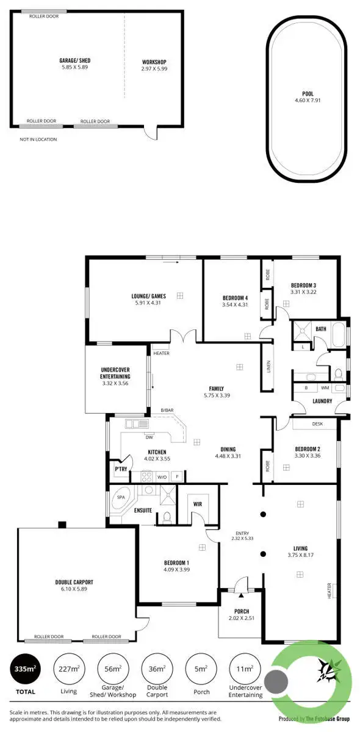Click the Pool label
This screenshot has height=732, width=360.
point(308,94)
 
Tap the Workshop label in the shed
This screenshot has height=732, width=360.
point(154,62)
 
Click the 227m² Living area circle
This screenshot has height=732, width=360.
point(69,669)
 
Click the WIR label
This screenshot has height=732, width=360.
point(197,504)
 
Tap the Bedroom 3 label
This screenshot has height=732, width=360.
point(303,285)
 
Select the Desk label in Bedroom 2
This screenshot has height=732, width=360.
point(317,423)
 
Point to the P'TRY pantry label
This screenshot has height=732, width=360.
point(121,468)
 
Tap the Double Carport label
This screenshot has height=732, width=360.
point(74,582)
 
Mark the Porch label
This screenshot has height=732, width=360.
point(242,611)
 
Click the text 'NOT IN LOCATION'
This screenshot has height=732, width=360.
point(38,140)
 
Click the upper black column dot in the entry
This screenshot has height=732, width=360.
point(263,514)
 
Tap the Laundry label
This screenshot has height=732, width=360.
point(322,401)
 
